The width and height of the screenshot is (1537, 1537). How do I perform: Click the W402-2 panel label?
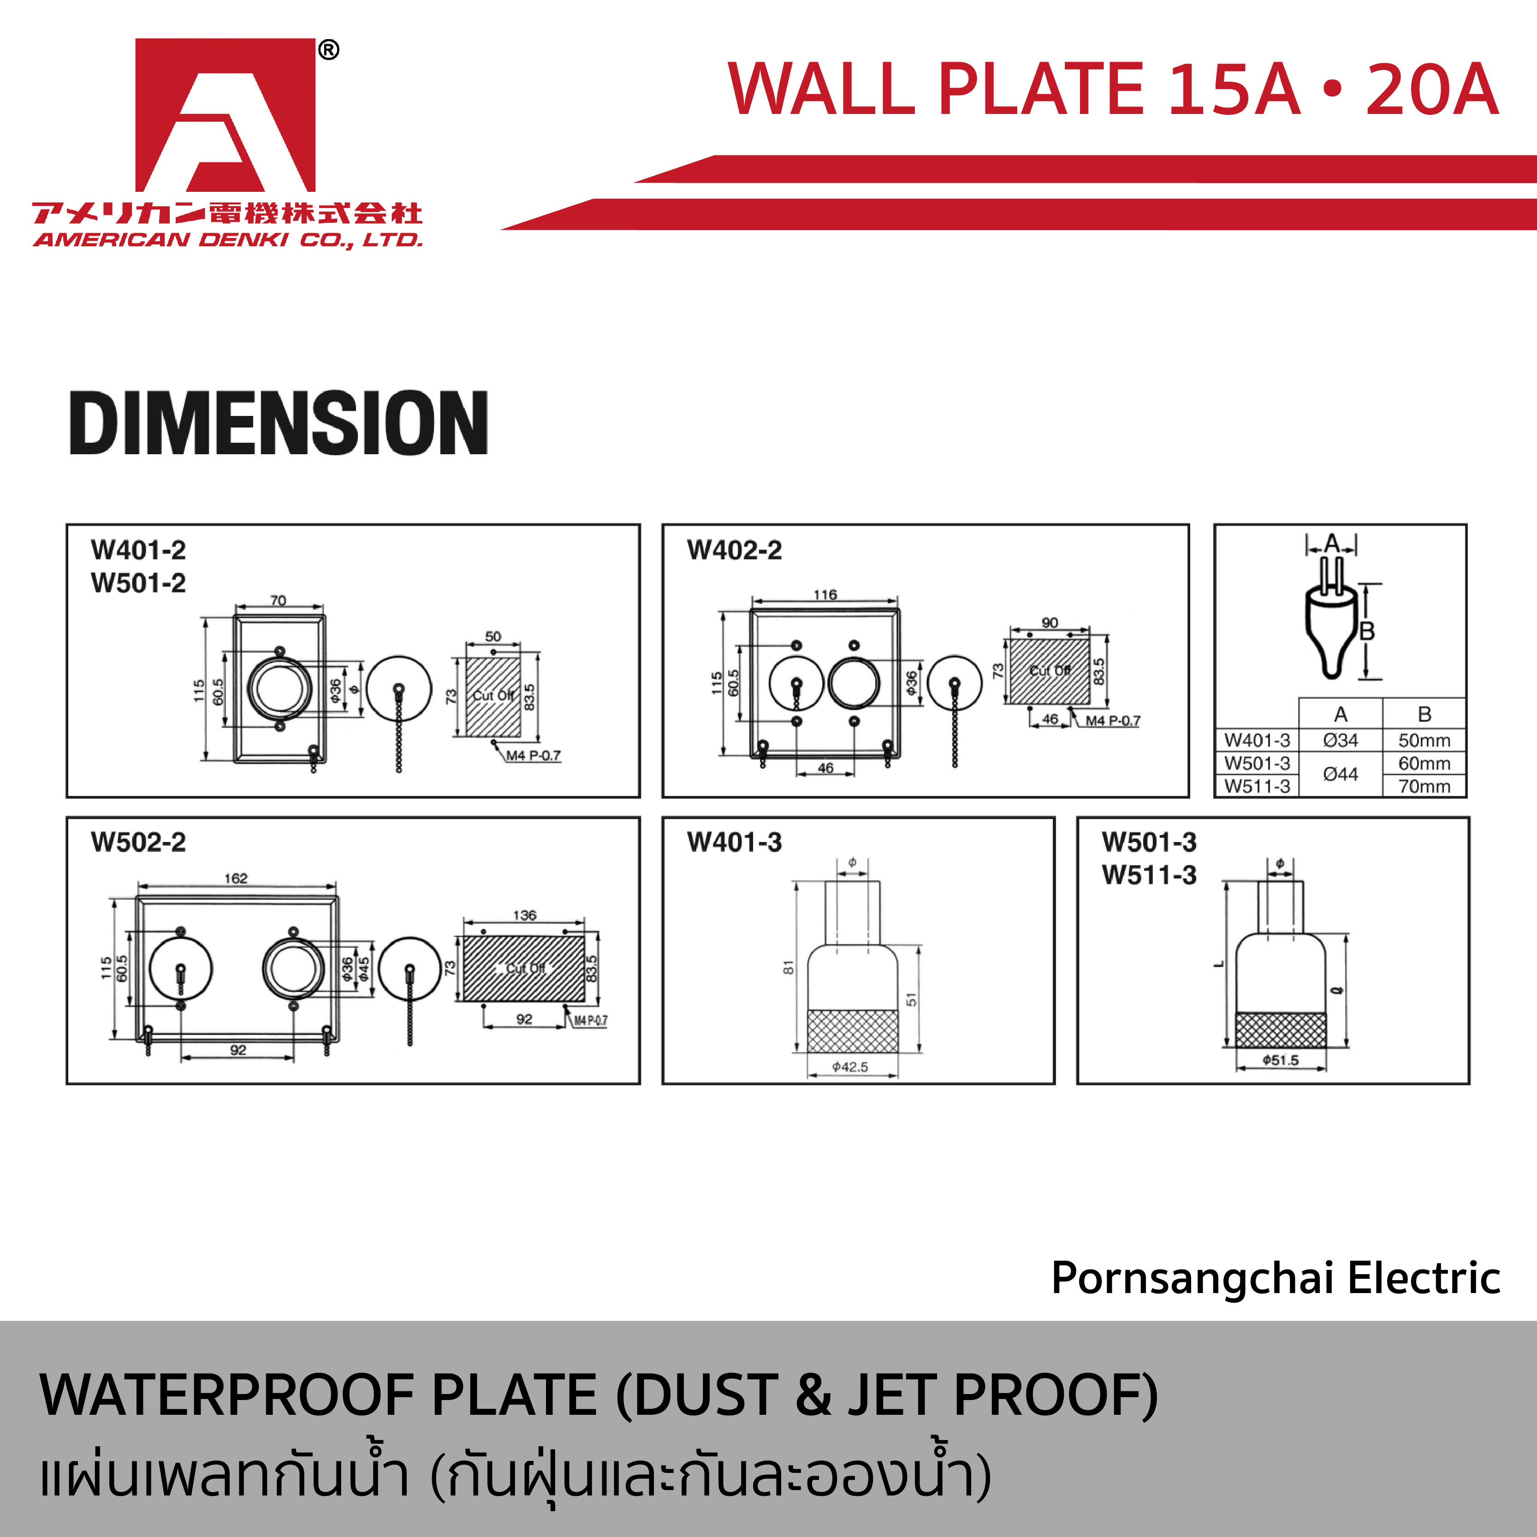click(x=734, y=550)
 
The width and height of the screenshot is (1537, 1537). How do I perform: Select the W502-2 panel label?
click(x=138, y=842)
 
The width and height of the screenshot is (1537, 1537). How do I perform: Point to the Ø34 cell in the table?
click(x=1341, y=740)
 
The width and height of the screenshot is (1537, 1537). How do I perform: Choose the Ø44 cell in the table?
click(x=1341, y=773)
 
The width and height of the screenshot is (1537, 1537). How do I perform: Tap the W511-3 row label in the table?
click(x=1257, y=786)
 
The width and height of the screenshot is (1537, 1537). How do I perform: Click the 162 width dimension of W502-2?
click(x=236, y=878)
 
